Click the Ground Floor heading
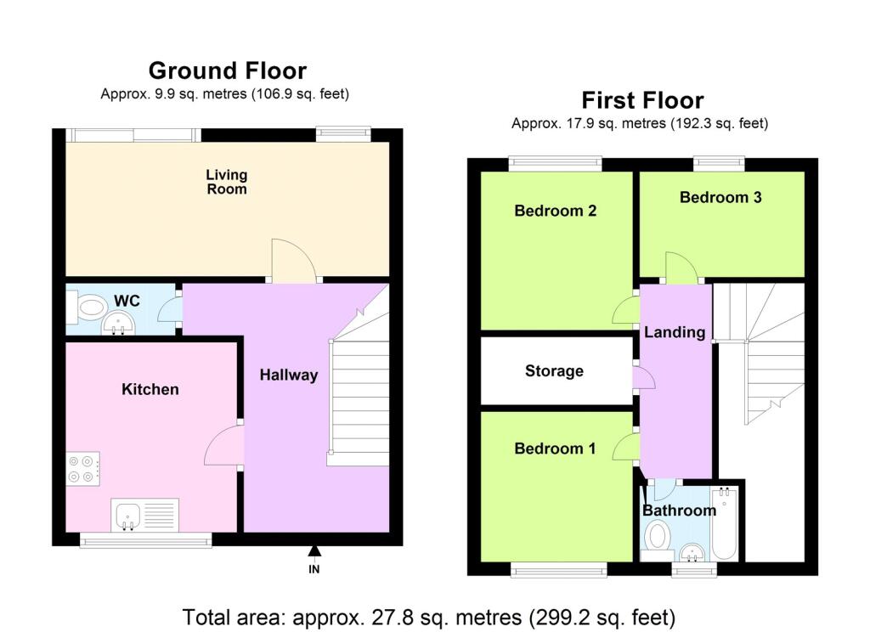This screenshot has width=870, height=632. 228,71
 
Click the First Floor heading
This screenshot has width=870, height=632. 642,100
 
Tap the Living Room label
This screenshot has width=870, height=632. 226,182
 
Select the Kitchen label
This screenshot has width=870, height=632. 150,389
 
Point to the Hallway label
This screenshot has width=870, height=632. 289,375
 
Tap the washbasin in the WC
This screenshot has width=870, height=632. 117,323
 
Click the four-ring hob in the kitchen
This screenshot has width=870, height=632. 83,469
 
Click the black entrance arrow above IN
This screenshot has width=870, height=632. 314,550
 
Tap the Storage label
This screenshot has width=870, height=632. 554,370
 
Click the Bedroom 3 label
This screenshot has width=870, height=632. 720,197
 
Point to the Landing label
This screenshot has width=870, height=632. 675,332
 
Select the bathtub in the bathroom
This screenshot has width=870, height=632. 725,523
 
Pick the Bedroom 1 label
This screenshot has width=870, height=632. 555,449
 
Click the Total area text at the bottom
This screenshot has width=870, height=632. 429,618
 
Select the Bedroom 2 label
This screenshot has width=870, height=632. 556,211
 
